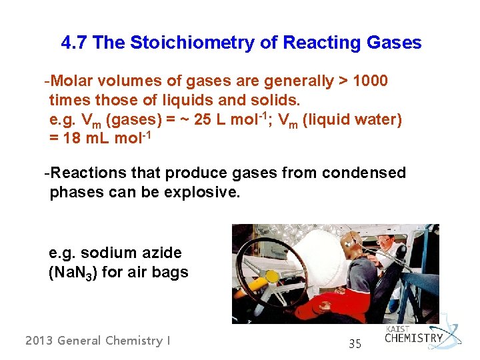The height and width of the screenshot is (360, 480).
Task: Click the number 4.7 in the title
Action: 74,43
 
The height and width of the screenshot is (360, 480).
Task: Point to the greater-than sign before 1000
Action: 343,82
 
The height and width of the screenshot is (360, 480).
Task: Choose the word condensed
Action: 364,173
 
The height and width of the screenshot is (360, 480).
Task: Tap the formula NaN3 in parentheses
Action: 74,273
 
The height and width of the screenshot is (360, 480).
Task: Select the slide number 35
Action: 355,345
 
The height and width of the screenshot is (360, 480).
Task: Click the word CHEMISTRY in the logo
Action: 413,338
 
